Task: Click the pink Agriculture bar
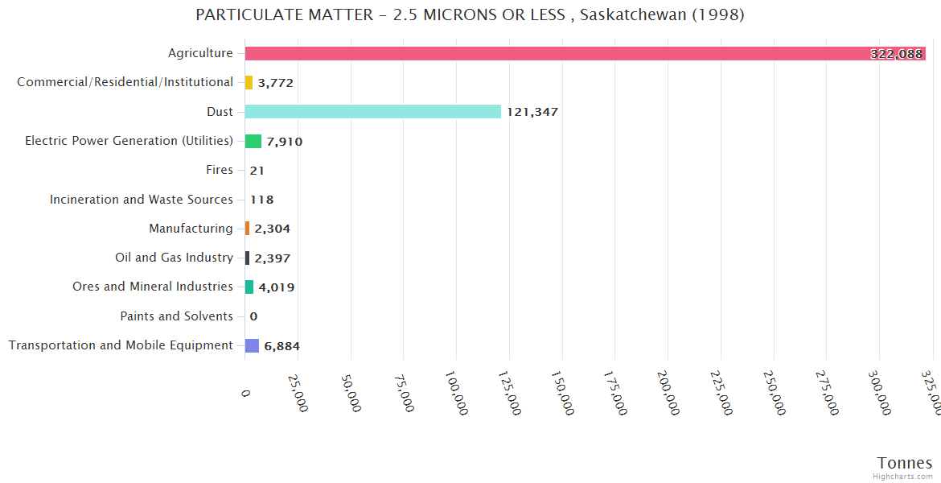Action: tap(563, 53)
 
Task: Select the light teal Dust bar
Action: tap(372, 112)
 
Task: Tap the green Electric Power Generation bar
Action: tap(253, 141)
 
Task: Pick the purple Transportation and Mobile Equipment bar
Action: tap(252, 345)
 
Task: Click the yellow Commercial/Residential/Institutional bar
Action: tap(249, 82)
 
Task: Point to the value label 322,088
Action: tap(896, 54)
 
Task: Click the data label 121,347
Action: tap(532, 112)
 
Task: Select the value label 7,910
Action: tap(285, 142)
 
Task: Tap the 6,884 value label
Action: tap(281, 346)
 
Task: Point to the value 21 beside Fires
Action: tap(257, 171)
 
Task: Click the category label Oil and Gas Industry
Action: tap(174, 258)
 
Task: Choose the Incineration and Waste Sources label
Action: tap(142, 200)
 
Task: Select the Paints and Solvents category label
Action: tap(176, 316)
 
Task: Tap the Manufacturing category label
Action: tap(191, 229)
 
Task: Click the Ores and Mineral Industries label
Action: tap(153, 287)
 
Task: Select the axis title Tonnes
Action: tap(905, 463)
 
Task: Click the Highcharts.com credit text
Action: tap(903, 477)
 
